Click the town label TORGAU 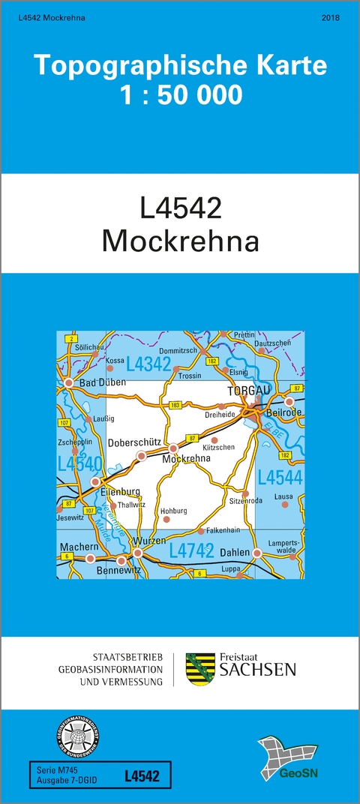(x=243, y=391)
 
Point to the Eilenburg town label (x=121, y=491)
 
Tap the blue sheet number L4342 (x=148, y=364)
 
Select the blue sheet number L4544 (x=280, y=477)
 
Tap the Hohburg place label (x=173, y=511)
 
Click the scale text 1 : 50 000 (x=180, y=95)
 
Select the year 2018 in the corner (x=329, y=16)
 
